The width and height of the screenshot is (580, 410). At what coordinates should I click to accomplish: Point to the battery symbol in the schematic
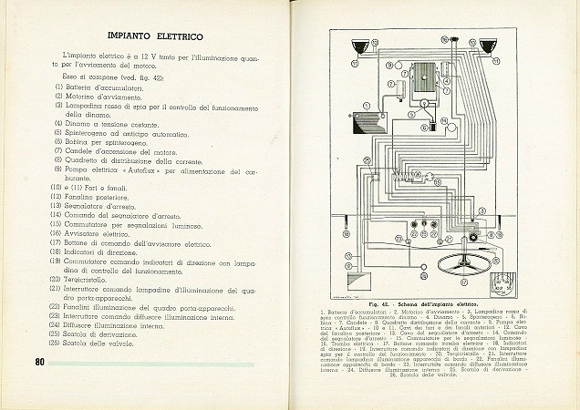(366, 118)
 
